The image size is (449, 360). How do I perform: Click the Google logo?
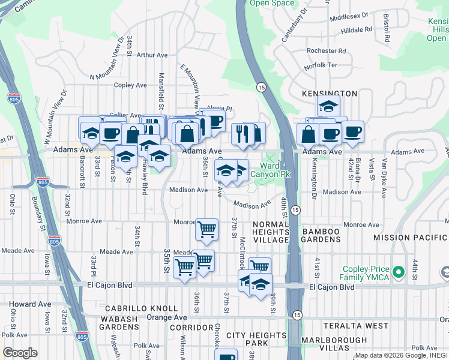[20, 353]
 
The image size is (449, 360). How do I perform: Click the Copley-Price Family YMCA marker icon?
[396, 274]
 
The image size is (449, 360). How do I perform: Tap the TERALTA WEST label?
[356, 326]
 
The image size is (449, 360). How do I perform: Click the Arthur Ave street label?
[152, 55]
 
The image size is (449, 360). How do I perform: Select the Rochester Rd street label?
[324, 51]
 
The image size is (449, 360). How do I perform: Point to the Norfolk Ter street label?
[321, 65]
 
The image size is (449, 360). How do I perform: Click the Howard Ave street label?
[30, 304]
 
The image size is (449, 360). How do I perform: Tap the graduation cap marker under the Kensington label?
[329, 106]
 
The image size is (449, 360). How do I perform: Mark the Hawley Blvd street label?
[145, 180]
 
